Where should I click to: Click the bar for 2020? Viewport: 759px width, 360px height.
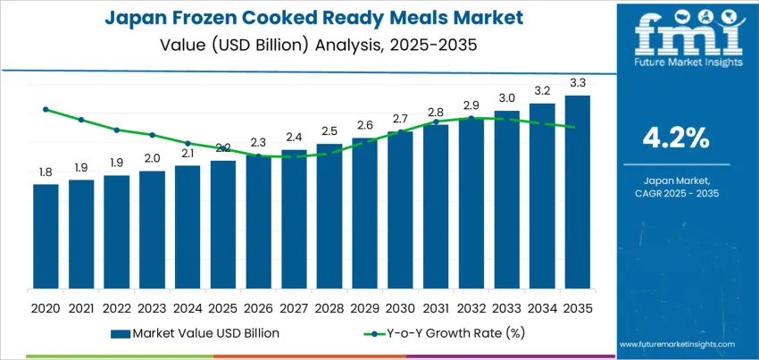[x=46, y=236]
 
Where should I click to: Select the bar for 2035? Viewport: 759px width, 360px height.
[x=577, y=191]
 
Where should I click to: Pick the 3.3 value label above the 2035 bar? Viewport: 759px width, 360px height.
[x=577, y=82]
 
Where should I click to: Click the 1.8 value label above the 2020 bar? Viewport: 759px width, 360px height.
[x=46, y=172]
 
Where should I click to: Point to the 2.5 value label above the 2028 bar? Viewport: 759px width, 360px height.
[x=329, y=131]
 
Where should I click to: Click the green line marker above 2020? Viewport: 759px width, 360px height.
[x=46, y=109]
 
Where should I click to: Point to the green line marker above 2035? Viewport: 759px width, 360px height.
[x=571, y=127]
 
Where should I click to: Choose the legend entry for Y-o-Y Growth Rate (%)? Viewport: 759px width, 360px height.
[x=429, y=333]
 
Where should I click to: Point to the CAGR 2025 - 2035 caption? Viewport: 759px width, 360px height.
[x=676, y=193]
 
